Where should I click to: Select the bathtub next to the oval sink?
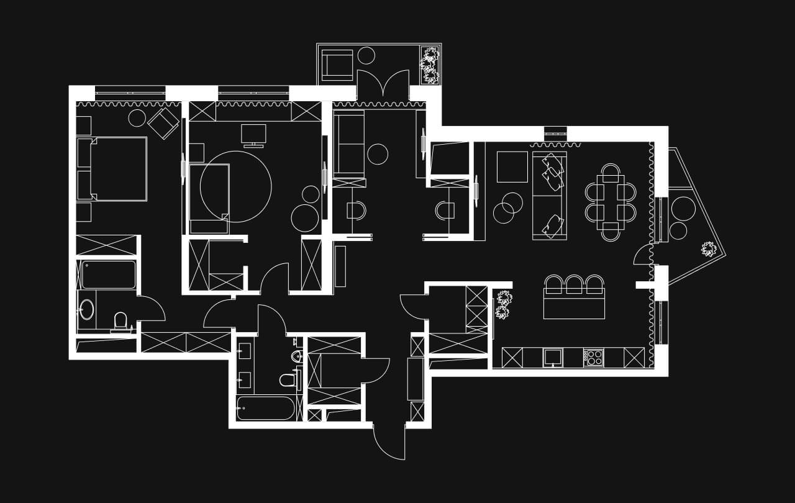(109, 274)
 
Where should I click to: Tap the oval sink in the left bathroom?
(87, 309)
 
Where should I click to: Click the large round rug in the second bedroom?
(236, 186)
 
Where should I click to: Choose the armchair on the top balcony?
(337, 65)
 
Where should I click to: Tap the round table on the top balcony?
(366, 55)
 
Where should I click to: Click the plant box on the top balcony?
(429, 65)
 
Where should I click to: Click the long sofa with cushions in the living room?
(550, 195)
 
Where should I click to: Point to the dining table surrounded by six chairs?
(611, 202)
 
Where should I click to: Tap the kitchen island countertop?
(574, 306)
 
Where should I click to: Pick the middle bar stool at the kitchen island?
(574, 284)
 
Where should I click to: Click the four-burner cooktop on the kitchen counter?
(593, 358)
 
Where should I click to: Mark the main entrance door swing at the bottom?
(389, 442)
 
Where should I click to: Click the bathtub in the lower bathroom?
(265, 408)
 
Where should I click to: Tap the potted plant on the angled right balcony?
(709, 249)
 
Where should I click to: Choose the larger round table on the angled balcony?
(683, 209)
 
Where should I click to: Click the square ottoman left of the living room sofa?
(512, 166)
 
